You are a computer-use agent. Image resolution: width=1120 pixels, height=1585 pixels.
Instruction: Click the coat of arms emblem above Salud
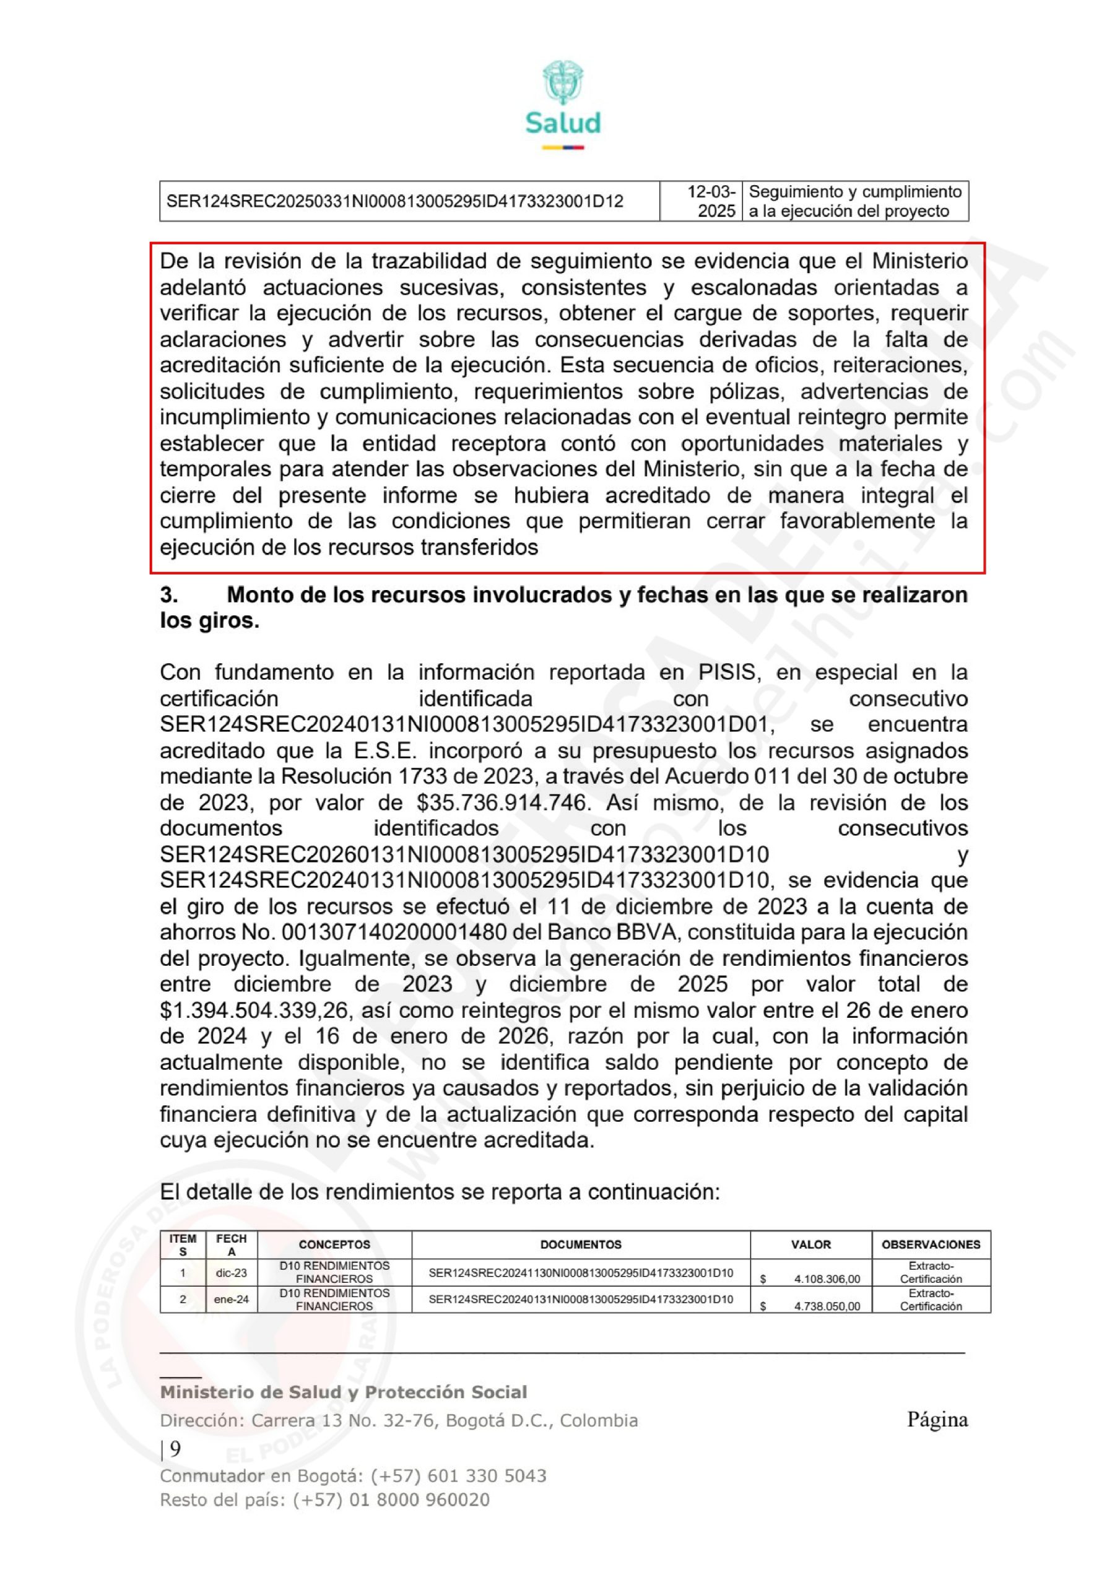563,82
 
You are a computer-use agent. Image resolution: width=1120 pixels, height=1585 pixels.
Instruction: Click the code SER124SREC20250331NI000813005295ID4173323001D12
395,202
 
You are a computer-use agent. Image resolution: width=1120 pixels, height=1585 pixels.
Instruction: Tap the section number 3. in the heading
169,595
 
